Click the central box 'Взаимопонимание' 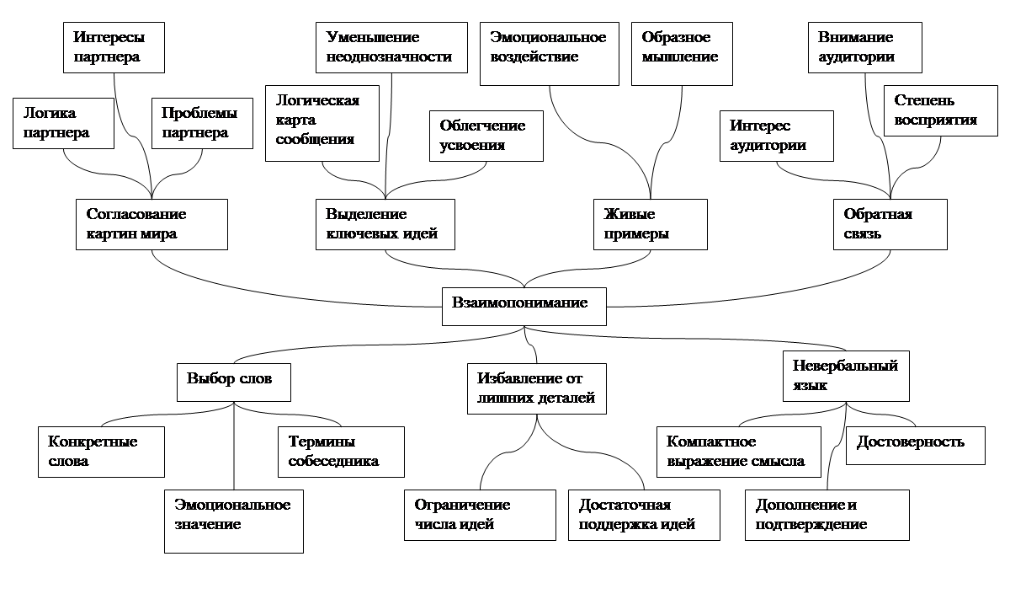coord(524,307)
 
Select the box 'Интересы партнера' coord(114,47)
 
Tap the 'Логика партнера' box coord(63,123)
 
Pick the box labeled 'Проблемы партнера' coord(202,123)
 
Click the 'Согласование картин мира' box coord(151,224)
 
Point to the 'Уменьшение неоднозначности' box coord(391,47)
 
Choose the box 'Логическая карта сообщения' coord(322,123)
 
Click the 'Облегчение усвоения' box coord(486,136)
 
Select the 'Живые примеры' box coord(650,224)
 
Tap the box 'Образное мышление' coord(682,54)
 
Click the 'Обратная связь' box coord(890,224)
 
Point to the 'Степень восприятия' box coord(941,110)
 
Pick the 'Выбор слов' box coord(234,383)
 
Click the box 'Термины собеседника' coord(341,452)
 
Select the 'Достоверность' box coord(916,446)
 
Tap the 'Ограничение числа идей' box coord(480,515)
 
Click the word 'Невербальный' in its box coord(845,366)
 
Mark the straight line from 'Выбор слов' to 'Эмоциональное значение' coord(234,446)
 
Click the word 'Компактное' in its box coord(711,441)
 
